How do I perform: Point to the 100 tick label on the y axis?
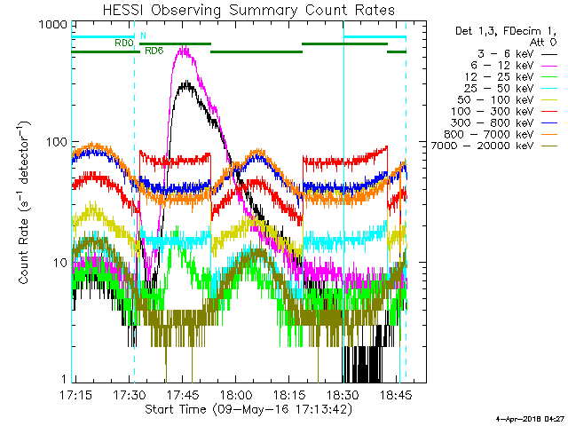pos(59,143)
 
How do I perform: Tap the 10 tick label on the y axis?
pos(61,263)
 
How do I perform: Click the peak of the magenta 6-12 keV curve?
pos(183,49)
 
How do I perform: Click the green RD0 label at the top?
pos(123,42)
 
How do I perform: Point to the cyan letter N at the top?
pos(143,35)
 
